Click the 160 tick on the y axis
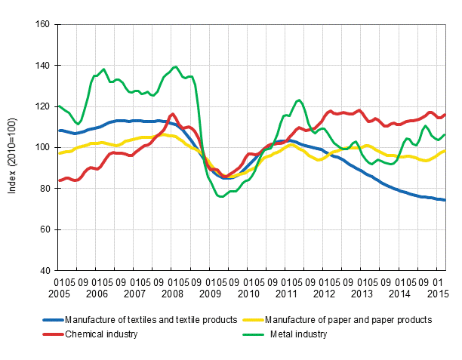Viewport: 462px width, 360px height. pos(43,25)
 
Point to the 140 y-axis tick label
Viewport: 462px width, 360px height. pos(43,66)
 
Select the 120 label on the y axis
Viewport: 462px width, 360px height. pos(43,106)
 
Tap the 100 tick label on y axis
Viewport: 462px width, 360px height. pos(43,147)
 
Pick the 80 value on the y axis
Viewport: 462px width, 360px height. pos(45,189)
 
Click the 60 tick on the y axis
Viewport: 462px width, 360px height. pos(45,229)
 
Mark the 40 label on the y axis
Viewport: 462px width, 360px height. pos(45,270)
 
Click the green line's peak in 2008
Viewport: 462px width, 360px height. pos(175,66)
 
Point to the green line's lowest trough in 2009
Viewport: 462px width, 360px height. pos(220,196)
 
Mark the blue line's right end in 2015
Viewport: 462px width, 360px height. pos(445,200)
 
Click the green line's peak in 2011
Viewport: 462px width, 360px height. pos(299,100)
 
